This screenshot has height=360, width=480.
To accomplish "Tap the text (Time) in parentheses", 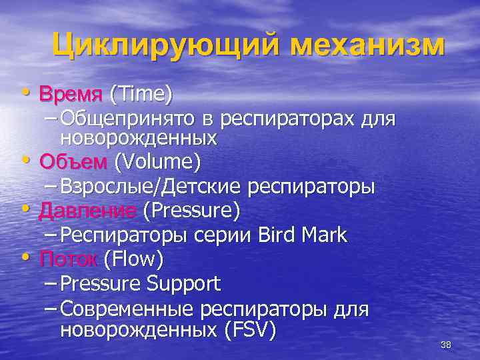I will point(141,94).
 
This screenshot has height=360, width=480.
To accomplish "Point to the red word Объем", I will point(73,162).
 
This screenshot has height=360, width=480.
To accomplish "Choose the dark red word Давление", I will point(88,211).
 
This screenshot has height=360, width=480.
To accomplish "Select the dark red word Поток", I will point(68,257).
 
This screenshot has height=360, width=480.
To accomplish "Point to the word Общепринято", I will point(127,119).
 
